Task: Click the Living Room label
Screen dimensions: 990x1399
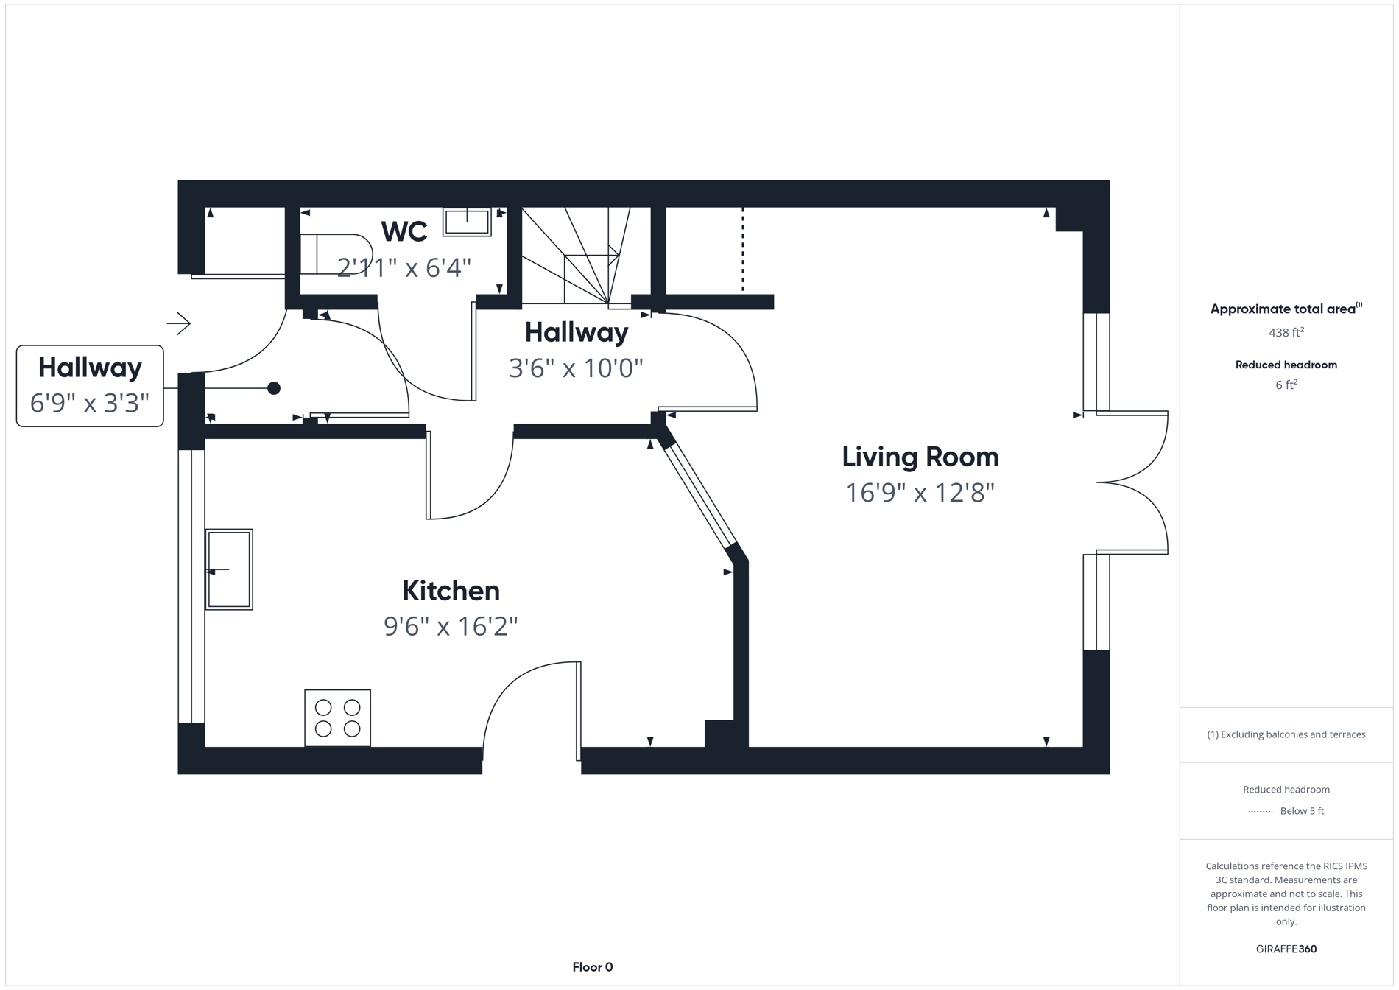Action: click(x=920, y=457)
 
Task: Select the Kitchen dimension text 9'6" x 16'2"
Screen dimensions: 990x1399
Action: click(x=451, y=626)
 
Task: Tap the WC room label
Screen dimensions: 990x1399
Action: click(x=404, y=231)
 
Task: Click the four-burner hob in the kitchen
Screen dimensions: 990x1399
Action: click(x=337, y=717)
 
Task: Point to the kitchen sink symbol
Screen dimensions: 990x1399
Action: click(x=229, y=569)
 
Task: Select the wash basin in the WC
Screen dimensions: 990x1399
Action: click(x=467, y=222)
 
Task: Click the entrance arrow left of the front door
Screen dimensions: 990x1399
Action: click(x=178, y=323)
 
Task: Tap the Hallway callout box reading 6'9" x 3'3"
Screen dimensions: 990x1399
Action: click(x=90, y=385)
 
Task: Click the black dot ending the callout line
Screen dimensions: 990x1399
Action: click(x=274, y=388)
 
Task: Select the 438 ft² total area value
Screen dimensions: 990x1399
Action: click(x=1286, y=332)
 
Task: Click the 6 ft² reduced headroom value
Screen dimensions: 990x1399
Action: click(x=1286, y=385)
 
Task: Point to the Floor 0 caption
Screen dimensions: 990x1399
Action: click(x=592, y=966)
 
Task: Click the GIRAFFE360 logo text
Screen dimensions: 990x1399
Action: click(x=1286, y=949)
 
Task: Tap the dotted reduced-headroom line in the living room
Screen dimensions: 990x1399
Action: click(x=742, y=250)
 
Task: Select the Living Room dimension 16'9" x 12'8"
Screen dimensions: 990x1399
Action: click(x=920, y=492)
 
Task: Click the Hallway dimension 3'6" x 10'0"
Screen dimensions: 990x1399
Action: click(x=576, y=368)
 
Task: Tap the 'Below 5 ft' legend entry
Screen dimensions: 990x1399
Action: click(x=1301, y=811)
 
